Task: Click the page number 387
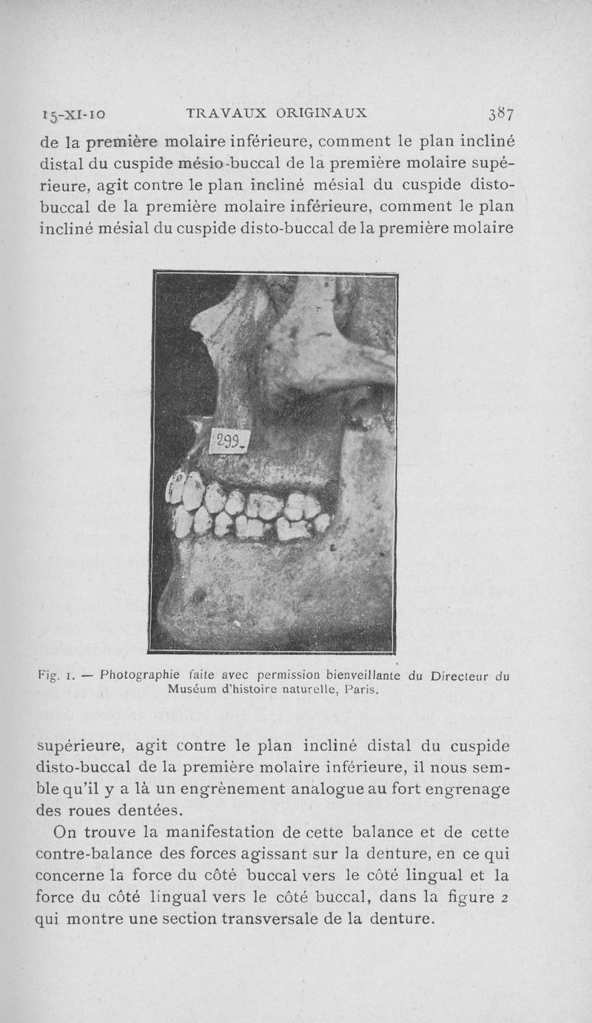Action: [501, 114]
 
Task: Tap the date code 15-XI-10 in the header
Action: [74, 115]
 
